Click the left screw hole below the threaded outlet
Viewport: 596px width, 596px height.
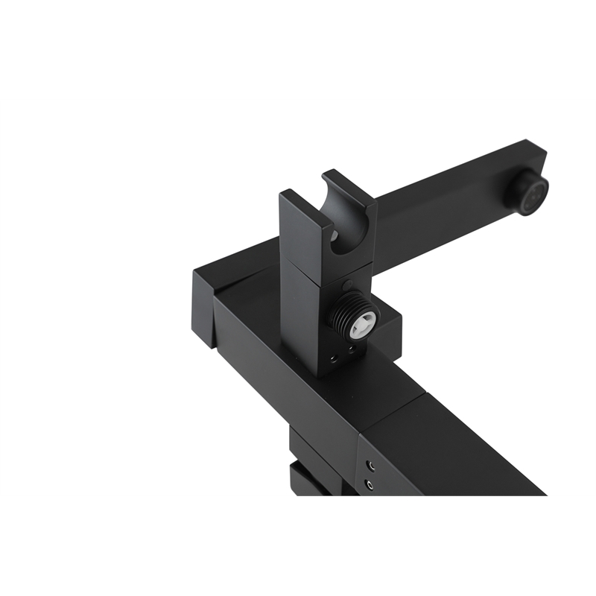click(332, 359)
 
